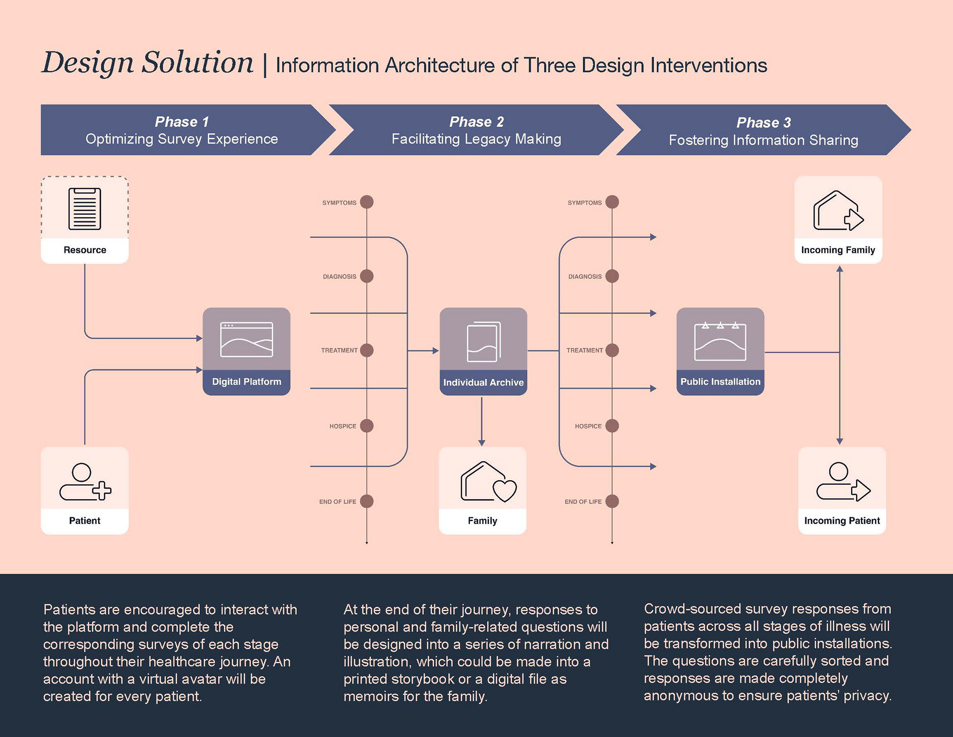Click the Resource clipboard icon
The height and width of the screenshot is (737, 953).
point(84,209)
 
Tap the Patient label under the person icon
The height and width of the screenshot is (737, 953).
point(84,520)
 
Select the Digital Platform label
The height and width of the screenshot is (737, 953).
point(246,381)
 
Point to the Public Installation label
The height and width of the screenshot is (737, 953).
point(720,381)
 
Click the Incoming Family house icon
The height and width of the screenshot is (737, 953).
point(838,211)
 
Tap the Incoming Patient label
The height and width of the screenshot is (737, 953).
point(842,520)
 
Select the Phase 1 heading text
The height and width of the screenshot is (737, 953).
point(182,122)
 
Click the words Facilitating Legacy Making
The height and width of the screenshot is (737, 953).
point(476,139)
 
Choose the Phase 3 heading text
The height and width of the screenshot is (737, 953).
point(763,123)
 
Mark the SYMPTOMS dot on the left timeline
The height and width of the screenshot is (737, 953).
point(367,202)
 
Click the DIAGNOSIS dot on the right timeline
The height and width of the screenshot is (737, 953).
point(612,276)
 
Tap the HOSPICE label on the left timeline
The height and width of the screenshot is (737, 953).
point(342,426)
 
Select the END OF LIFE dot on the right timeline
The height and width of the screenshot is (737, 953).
point(612,501)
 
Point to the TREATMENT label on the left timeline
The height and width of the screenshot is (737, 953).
point(339,350)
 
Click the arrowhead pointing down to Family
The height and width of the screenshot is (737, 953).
point(481,442)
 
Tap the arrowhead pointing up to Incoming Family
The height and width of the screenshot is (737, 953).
point(839,269)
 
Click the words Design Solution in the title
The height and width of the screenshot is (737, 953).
point(147,63)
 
